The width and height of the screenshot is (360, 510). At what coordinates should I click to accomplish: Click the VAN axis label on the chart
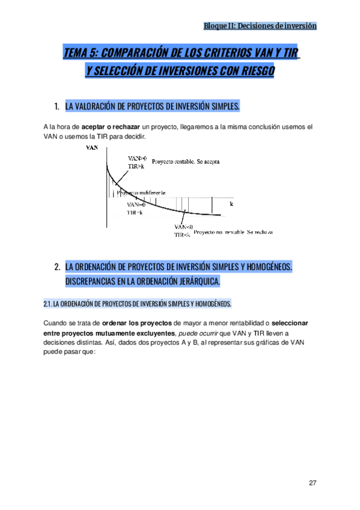coord(93,147)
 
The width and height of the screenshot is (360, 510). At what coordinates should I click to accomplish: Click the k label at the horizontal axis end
coord(231,204)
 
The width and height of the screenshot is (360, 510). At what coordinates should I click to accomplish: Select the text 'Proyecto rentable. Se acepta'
coord(186,162)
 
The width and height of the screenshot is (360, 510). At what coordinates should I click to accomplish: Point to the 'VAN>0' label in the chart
coord(136,158)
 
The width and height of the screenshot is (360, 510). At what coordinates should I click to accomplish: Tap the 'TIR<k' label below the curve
coord(182,235)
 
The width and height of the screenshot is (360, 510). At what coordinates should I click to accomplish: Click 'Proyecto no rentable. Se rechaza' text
coord(234,231)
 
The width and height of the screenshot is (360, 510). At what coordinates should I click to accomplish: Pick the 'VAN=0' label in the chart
coord(136,204)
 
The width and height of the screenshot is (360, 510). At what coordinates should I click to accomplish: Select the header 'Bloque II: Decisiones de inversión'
coord(260,26)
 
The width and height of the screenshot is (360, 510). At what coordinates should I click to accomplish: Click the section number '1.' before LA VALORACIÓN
coord(56,106)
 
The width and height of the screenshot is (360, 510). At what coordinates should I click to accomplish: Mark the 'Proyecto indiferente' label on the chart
coord(140,193)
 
